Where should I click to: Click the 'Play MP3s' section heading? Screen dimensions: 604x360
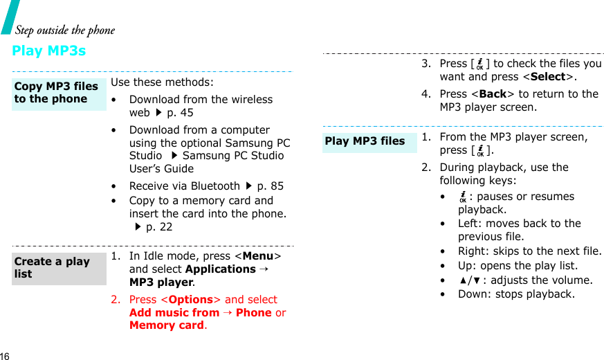49,51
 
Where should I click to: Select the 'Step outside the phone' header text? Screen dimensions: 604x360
65,30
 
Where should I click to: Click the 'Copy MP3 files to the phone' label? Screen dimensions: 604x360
56,93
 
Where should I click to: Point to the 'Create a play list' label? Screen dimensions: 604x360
52,268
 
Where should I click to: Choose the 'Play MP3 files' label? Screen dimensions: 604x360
365,141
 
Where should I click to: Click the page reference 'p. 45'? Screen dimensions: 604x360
180,112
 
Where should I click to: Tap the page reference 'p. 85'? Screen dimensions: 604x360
270,186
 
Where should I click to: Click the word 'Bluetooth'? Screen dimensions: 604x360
214,186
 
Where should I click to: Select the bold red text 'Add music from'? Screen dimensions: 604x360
174,312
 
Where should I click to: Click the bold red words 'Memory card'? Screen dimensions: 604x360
166,325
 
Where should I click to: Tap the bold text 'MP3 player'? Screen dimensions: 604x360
161,282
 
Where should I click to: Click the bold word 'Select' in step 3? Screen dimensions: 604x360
548,77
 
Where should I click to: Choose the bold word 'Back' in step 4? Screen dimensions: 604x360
493,94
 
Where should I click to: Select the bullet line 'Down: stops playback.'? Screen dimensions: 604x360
516,294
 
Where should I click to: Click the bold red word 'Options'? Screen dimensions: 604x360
191,300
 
